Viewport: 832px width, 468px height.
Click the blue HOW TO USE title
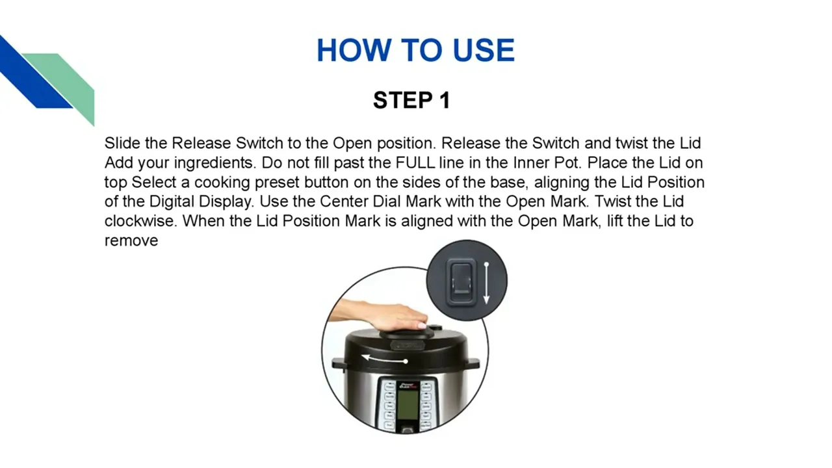click(x=415, y=50)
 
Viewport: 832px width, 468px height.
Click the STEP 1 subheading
click(x=411, y=100)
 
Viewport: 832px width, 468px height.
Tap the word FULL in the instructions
click(x=415, y=162)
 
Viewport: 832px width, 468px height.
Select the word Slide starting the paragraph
click(x=122, y=143)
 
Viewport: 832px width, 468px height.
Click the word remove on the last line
click(x=131, y=240)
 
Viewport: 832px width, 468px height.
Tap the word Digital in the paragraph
click(x=172, y=201)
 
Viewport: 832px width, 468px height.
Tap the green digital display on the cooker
click(x=408, y=404)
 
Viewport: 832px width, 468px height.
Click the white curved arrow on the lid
click(x=385, y=359)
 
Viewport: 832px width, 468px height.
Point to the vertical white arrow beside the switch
click(x=486, y=283)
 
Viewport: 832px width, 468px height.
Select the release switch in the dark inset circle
click(x=461, y=282)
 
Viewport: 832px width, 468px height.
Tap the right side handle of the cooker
click(x=472, y=363)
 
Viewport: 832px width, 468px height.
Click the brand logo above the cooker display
click(x=408, y=385)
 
